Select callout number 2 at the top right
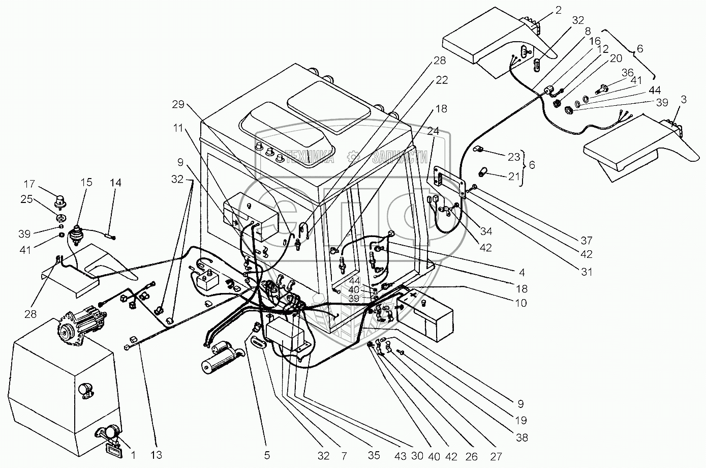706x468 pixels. tap(558, 10)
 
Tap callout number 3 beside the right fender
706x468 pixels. tap(684, 99)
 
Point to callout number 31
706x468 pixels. tap(587, 272)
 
